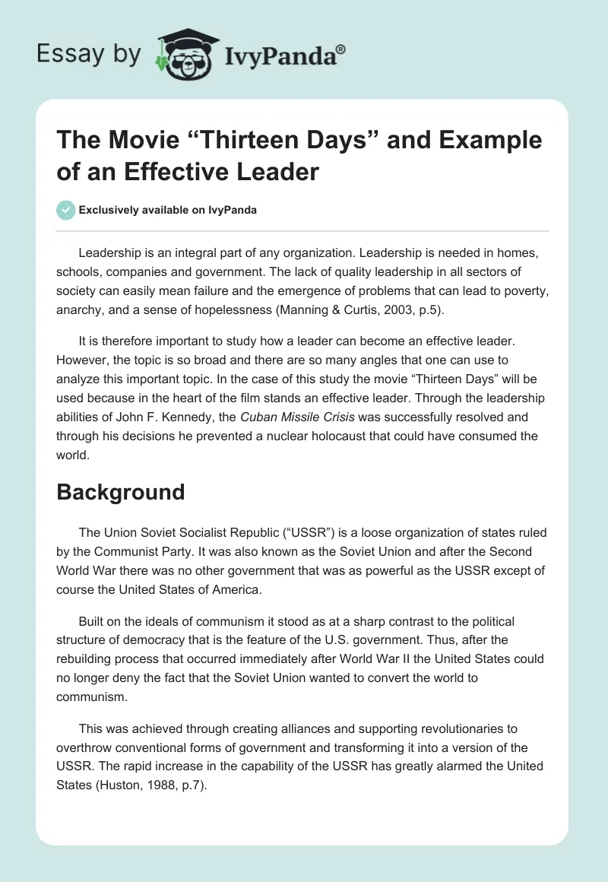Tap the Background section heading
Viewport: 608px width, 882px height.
point(121,492)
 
